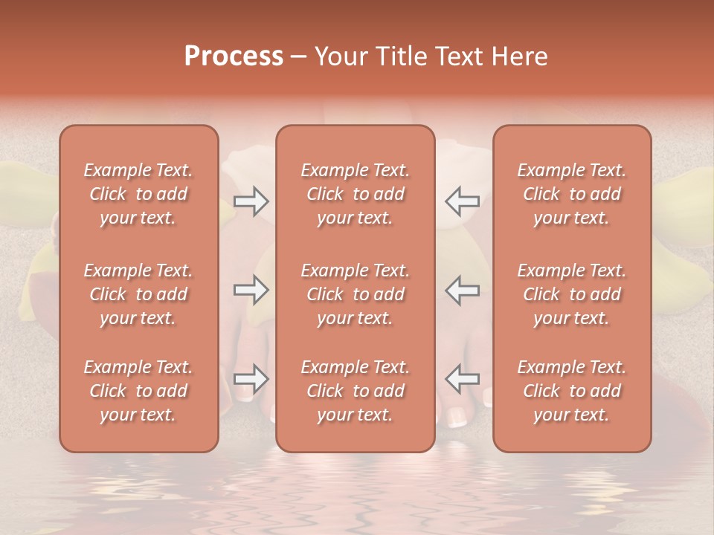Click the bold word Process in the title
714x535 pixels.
[234, 56]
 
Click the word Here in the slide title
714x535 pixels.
[520, 56]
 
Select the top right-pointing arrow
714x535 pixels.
[251, 201]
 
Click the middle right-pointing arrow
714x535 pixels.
[251, 290]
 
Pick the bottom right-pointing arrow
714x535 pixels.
[251, 379]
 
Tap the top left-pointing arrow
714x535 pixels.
[462, 201]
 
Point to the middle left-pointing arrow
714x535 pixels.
[462, 290]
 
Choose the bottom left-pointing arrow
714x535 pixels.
[462, 379]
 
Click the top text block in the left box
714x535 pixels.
[138, 194]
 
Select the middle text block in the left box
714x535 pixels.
[138, 294]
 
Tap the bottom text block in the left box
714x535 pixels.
[138, 391]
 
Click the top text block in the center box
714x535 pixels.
[355, 194]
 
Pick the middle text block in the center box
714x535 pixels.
[355, 294]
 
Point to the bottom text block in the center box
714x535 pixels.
[355, 391]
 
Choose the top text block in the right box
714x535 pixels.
[571, 194]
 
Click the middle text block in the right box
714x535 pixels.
[571, 294]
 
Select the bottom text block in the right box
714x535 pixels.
[571, 391]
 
